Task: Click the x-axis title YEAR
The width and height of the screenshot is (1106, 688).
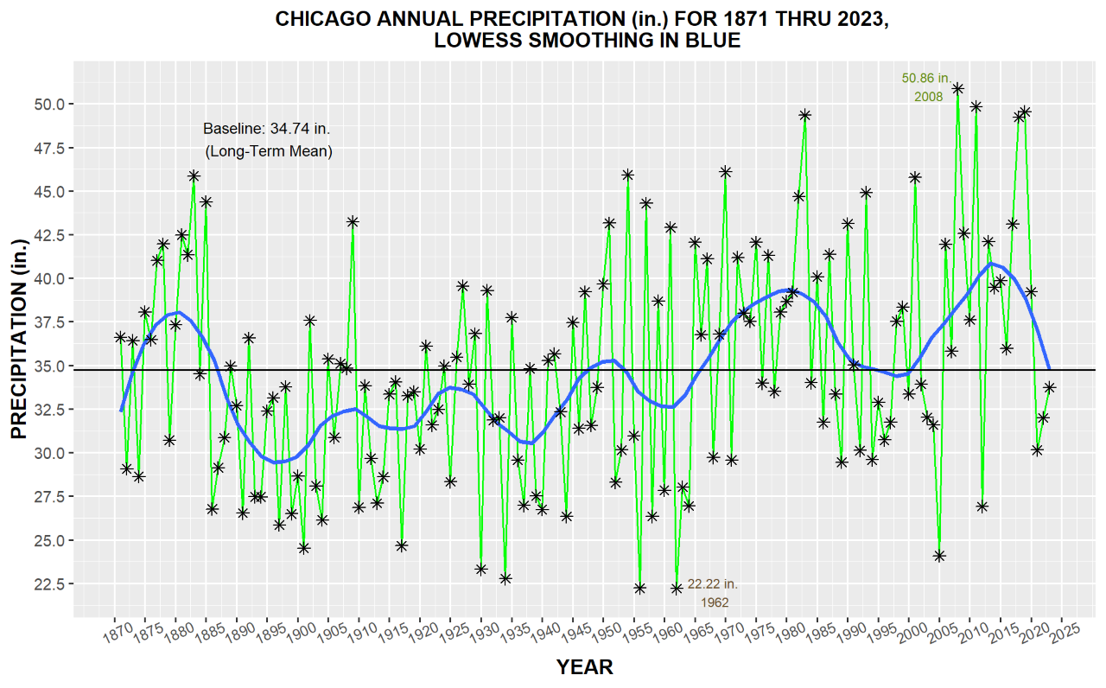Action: (x=585, y=666)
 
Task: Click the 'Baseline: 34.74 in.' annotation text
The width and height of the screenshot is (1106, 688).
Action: (x=266, y=129)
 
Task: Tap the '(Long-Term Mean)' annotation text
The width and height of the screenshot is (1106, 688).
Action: (x=268, y=151)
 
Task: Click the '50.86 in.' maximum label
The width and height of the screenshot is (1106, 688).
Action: (x=926, y=78)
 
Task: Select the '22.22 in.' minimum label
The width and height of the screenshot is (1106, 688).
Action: (x=713, y=584)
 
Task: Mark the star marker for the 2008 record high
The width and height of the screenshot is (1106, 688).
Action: (x=957, y=88)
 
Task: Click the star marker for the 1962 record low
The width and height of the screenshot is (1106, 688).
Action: (x=677, y=589)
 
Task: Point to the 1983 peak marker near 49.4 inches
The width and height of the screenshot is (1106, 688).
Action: (x=804, y=114)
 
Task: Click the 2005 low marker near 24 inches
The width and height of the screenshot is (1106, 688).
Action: (x=939, y=556)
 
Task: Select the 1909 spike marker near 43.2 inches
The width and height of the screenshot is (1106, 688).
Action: (x=353, y=222)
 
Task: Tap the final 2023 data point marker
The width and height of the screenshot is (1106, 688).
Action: (x=1049, y=388)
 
